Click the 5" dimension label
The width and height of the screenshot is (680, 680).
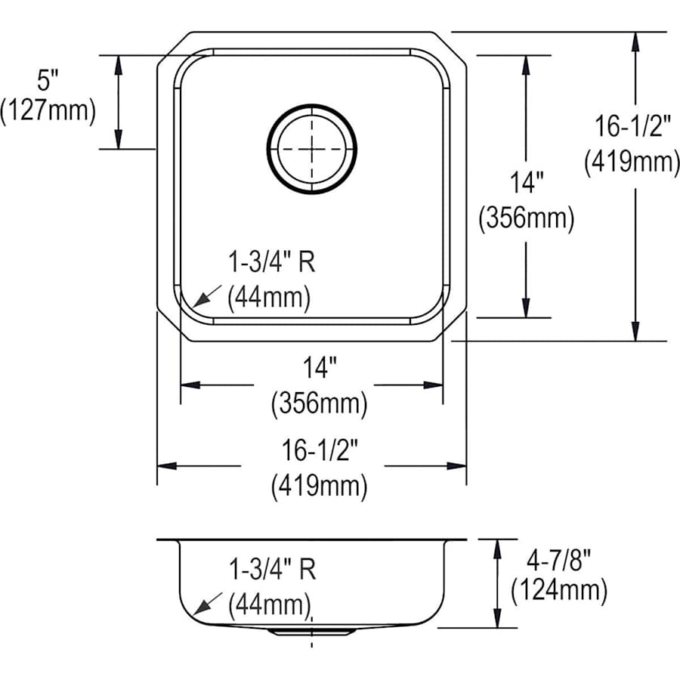48,80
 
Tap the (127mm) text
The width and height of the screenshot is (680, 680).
48,110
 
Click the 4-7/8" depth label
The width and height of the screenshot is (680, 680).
558,561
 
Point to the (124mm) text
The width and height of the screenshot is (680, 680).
559,590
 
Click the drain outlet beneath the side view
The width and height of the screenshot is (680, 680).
310,632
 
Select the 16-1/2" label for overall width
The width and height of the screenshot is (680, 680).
320,450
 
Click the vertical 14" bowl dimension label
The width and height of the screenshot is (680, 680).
527,182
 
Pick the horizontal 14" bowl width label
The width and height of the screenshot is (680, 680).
320,368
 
